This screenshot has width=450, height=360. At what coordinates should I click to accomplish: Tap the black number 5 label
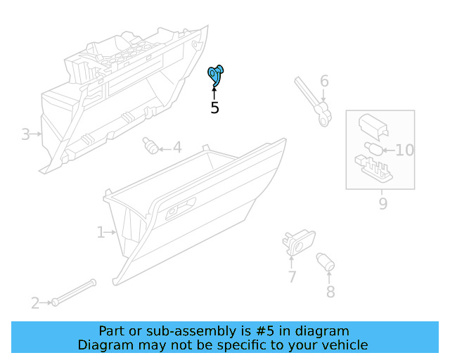pyautogui.click(x=215, y=108)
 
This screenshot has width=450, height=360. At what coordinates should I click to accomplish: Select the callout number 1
pyautogui.click(x=101, y=231)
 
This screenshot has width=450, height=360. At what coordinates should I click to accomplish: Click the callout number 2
pyautogui.click(x=35, y=303)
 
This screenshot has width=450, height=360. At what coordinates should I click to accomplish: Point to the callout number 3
pyautogui.click(x=25, y=134)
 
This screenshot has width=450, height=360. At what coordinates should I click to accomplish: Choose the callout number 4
pyautogui.click(x=177, y=148)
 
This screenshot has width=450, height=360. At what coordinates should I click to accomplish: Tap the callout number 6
pyautogui.click(x=324, y=81)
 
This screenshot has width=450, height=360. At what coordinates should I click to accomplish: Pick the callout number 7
pyautogui.click(x=292, y=277)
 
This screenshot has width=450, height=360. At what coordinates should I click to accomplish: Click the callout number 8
pyautogui.click(x=330, y=291)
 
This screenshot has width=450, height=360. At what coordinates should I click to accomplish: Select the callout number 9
pyautogui.click(x=383, y=204)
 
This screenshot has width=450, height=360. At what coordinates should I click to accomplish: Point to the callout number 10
pyautogui.click(x=405, y=150)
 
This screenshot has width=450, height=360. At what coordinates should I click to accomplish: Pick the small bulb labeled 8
pyautogui.click(x=326, y=262)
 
